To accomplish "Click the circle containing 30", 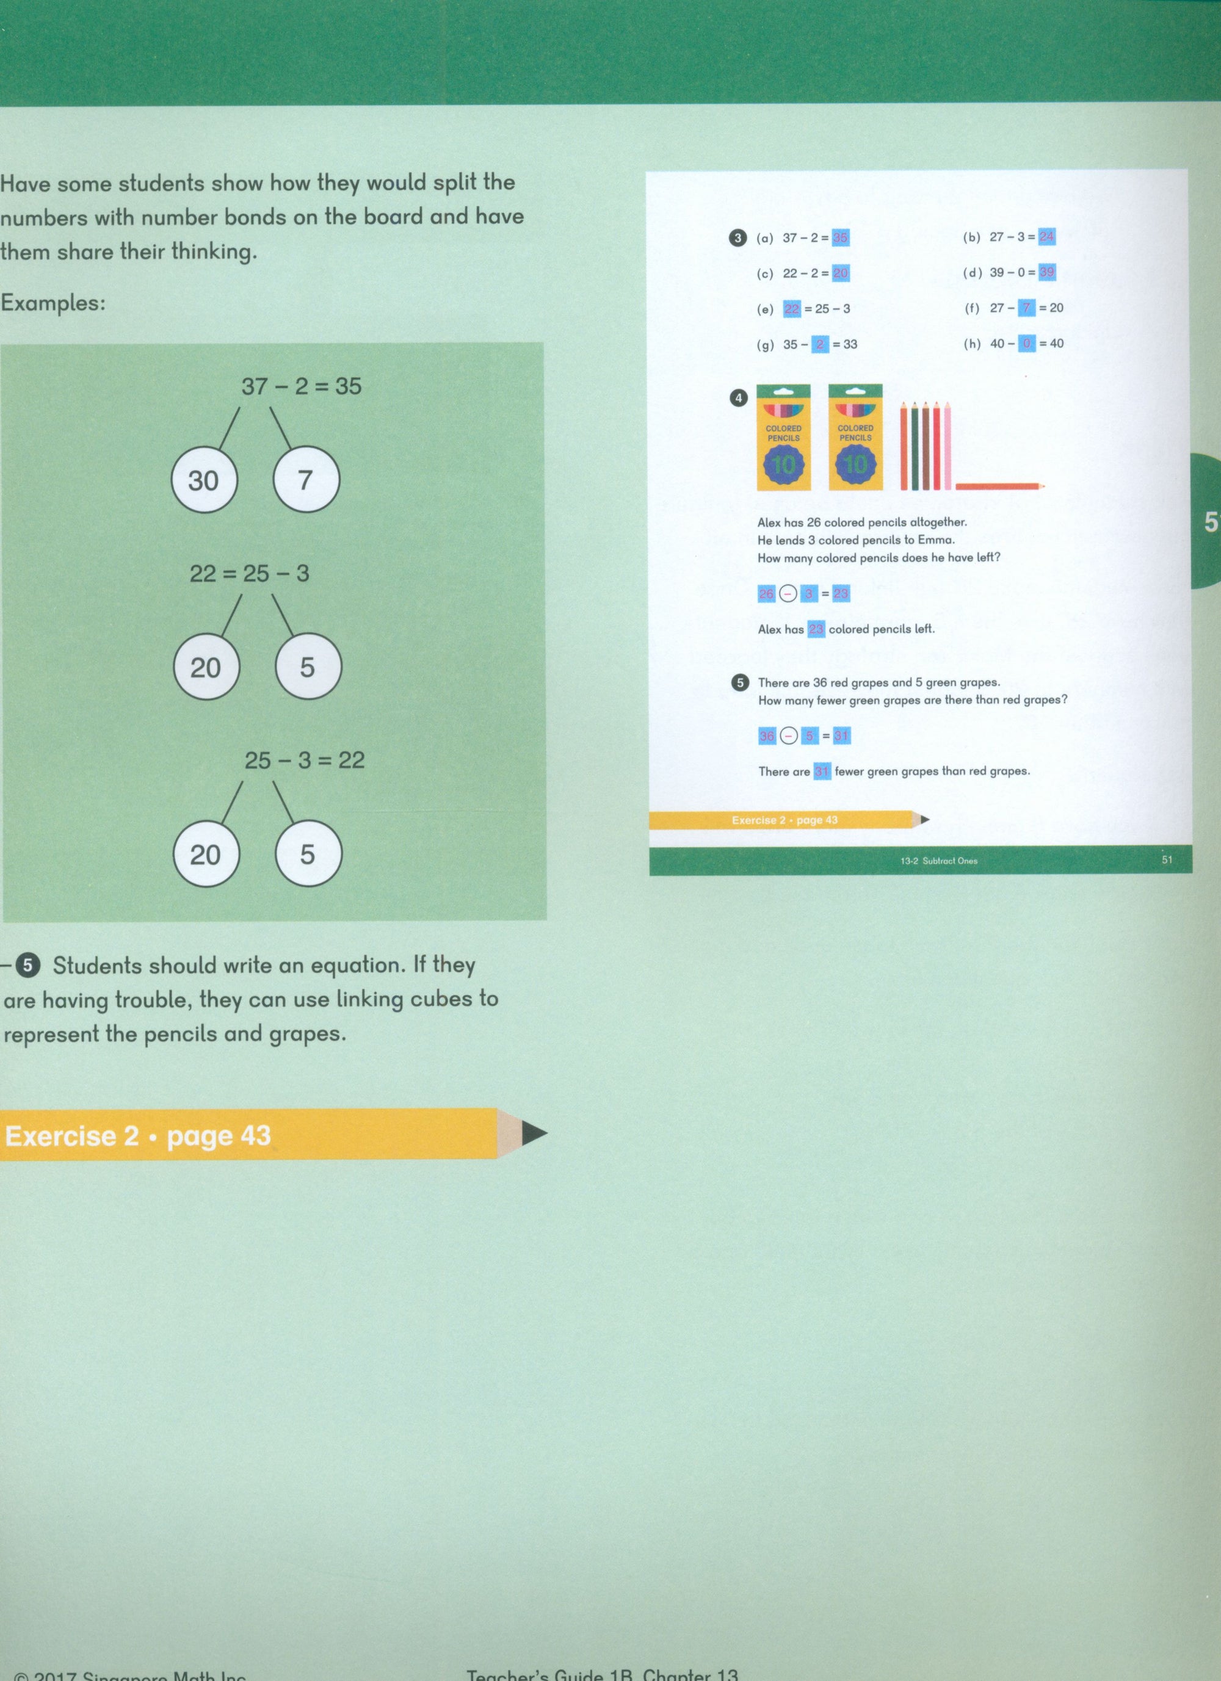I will [204, 480].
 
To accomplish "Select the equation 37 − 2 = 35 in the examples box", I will [301, 386].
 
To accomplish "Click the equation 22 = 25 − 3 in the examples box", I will [249, 573].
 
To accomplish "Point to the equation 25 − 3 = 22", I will [305, 761].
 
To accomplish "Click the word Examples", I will [52, 303].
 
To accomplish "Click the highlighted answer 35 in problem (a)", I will [840, 238].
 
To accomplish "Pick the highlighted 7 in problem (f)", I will [1027, 308].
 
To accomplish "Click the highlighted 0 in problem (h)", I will [1027, 343].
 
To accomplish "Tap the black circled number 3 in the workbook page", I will [737, 238].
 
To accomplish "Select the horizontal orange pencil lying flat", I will [999, 486].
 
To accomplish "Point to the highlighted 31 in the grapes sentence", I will [821, 772].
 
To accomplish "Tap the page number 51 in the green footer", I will [1167, 861].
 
